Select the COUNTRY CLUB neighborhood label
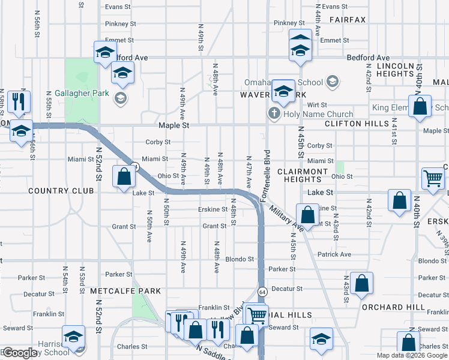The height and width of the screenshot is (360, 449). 61,190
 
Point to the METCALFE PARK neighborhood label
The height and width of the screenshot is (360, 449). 125,291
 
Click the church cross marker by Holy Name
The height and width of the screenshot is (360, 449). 274,113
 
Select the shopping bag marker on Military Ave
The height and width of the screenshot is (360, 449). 307,215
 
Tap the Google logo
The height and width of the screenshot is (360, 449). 20,353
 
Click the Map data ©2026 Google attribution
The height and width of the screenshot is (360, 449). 411,355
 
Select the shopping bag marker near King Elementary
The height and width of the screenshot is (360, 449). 421,106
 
